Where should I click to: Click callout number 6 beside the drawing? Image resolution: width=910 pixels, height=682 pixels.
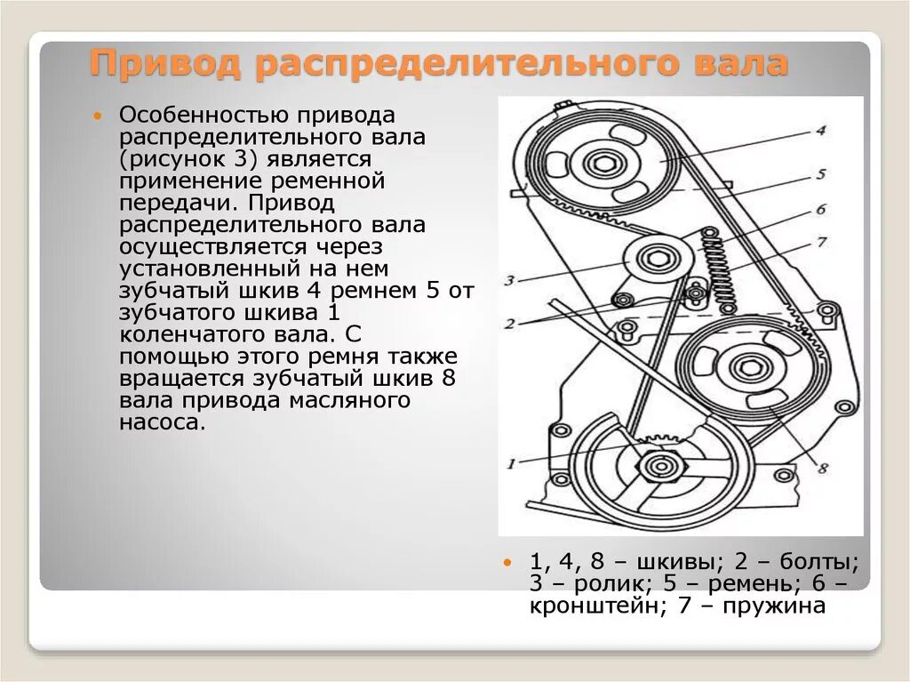tap(821, 209)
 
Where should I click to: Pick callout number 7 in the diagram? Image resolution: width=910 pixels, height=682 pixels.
tap(821, 241)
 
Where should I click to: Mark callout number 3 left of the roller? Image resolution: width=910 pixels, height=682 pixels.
tap(510, 281)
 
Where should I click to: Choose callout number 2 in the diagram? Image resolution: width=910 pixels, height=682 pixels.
tap(509, 324)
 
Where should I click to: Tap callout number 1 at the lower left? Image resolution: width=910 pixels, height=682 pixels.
tap(511, 462)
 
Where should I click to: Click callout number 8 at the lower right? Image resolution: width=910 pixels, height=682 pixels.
tap(823, 468)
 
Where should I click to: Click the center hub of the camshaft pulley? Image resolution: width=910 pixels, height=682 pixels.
tap(604, 164)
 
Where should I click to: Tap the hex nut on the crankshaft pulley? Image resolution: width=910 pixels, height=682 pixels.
tap(659, 465)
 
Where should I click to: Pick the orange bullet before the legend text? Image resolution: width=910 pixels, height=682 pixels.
tap(508, 563)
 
